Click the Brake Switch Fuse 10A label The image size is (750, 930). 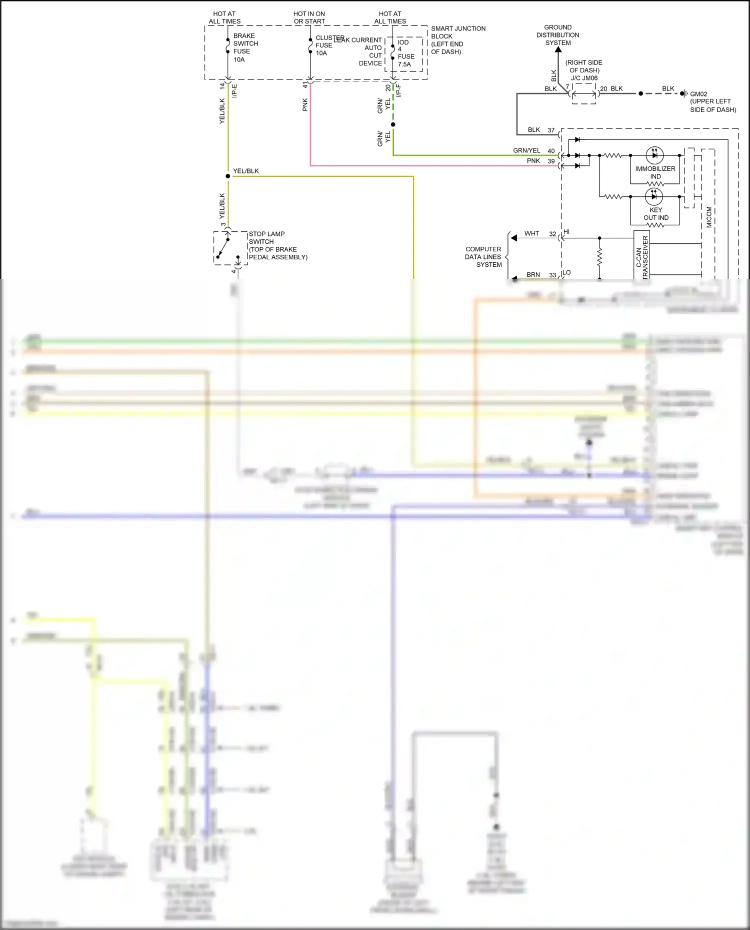pyautogui.click(x=244, y=47)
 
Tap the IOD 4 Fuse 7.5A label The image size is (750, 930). pyautogui.click(x=405, y=53)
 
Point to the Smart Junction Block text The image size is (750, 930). pyautogui.click(x=457, y=40)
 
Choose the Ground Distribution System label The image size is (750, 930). pyautogui.click(x=557, y=35)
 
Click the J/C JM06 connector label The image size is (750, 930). pyautogui.click(x=584, y=78)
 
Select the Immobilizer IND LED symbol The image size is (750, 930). pyautogui.click(x=654, y=155)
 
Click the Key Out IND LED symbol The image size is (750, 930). pyautogui.click(x=654, y=196)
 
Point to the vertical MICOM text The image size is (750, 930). pyautogui.click(x=709, y=217)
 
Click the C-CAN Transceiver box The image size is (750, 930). pyautogui.click(x=642, y=257)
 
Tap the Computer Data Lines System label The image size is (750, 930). pyautogui.click(x=483, y=257)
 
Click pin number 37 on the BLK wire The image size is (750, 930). pyautogui.click(x=551, y=130)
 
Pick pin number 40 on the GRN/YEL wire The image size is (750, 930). pyautogui.click(x=551, y=151)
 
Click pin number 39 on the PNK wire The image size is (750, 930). pyautogui.click(x=551, y=161)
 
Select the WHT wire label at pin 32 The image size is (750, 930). pyautogui.click(x=531, y=233)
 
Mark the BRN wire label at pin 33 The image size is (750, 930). pyautogui.click(x=533, y=275)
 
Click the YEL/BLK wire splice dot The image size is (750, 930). pyautogui.click(x=228, y=176)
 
